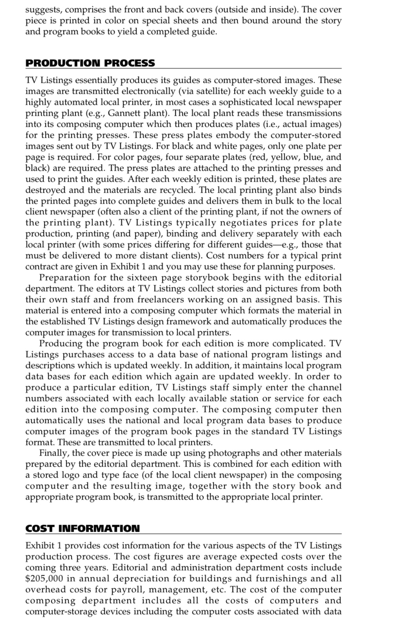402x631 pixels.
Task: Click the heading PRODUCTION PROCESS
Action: coord(90,63)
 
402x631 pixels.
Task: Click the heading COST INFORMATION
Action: coord(82,529)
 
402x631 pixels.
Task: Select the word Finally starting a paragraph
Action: coord(54,453)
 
